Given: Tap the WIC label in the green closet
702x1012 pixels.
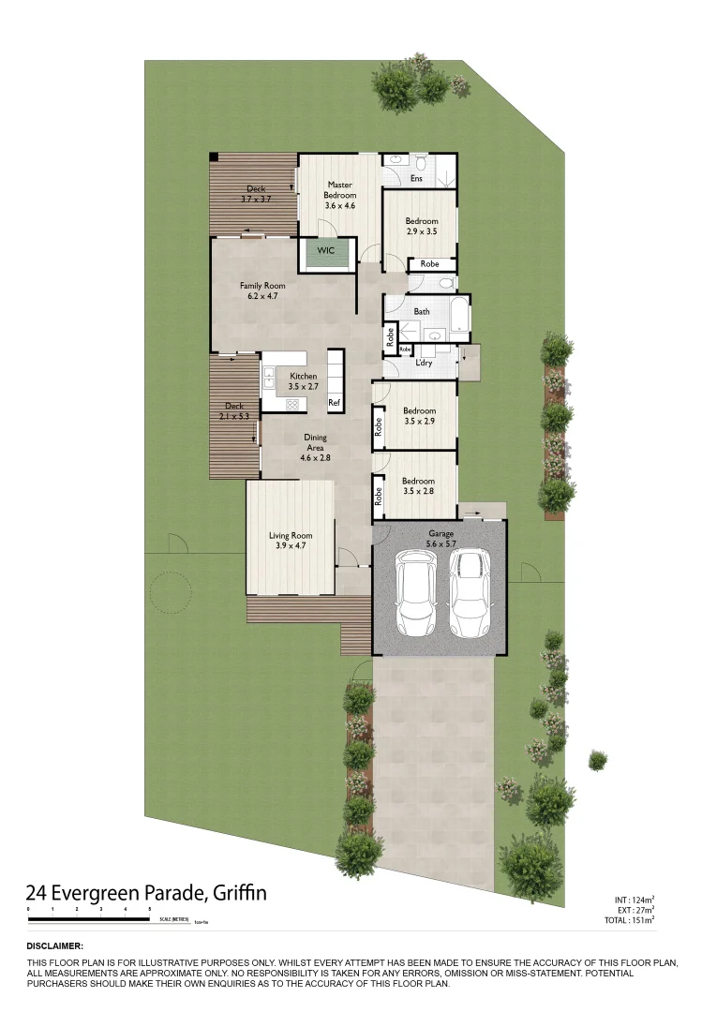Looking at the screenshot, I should pos(326,251).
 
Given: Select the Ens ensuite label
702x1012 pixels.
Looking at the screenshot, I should pos(417,178).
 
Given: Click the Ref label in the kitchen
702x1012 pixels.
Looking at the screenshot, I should pos(334,403).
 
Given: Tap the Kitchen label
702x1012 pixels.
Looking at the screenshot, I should pos(303,380).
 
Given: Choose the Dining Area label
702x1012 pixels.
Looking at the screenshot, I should pos(315,447).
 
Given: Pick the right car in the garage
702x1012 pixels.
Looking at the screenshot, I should pos(470,590).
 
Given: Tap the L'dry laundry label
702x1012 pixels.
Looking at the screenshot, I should pos(423,363).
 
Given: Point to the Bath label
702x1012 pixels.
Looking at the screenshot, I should pos(422,310).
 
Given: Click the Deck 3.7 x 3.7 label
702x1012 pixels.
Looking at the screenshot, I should pos(256,193).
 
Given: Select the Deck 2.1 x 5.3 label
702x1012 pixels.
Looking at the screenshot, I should pos(234,410).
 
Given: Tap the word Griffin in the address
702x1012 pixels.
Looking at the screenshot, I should pos(239,893).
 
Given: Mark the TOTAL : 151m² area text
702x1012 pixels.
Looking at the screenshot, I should pos(629,920).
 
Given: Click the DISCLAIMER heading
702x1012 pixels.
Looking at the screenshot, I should pos(55,946).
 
